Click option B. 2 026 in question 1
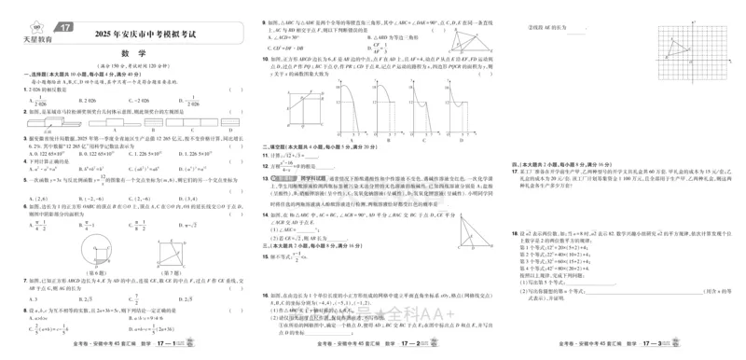coord(87,100)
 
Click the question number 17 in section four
coord(514,172)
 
